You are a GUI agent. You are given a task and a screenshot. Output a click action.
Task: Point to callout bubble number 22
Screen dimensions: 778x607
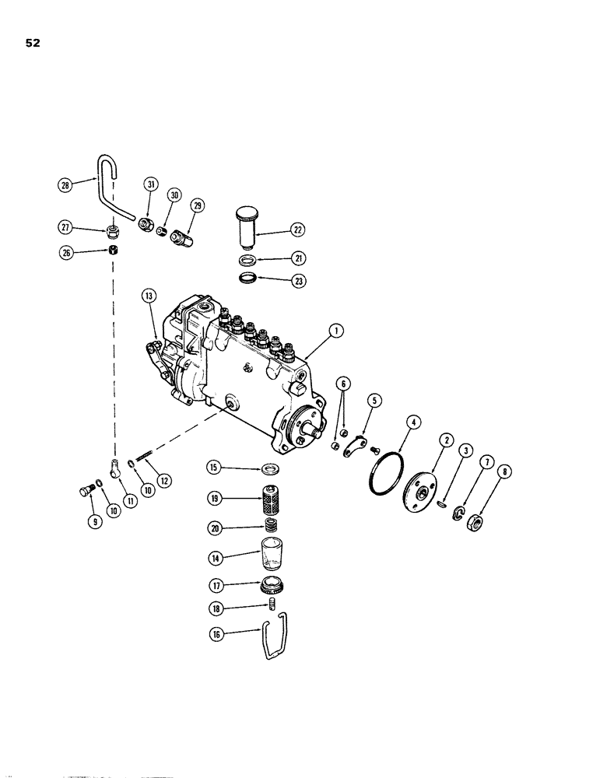pos(297,230)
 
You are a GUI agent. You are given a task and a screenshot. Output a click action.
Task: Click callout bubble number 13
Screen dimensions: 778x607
pos(147,295)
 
